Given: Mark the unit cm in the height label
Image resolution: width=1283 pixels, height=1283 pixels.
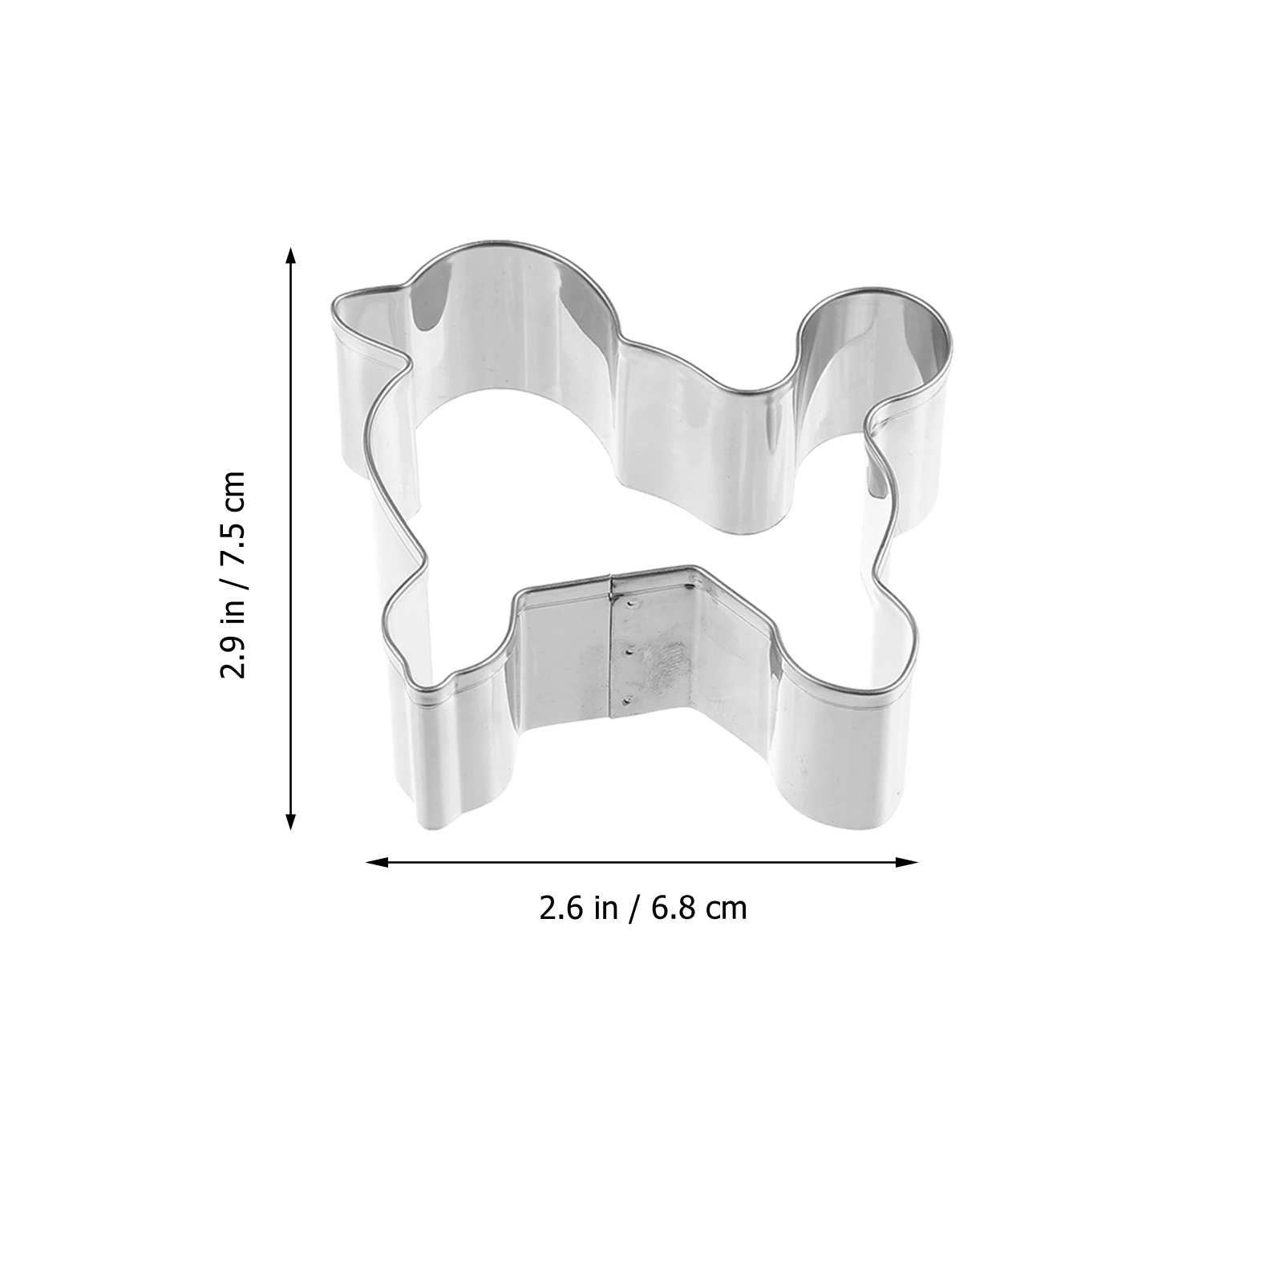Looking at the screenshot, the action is pos(233,495).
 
